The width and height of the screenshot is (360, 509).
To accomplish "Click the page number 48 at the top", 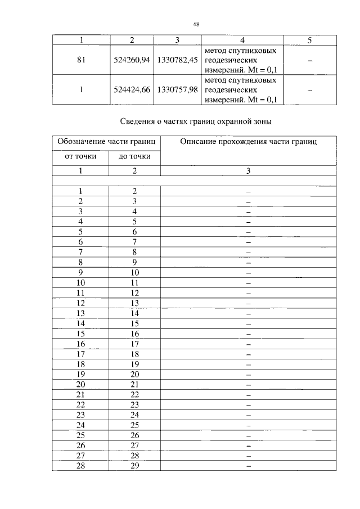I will [x=196, y=24].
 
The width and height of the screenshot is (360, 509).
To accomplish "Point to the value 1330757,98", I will [x=177, y=90].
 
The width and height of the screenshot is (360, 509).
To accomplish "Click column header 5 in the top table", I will [x=309, y=40].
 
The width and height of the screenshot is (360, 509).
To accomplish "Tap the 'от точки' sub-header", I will [x=81, y=156].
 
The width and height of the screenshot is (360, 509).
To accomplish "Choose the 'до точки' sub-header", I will [x=134, y=156].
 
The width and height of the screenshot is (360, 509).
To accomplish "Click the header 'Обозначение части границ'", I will [x=107, y=142].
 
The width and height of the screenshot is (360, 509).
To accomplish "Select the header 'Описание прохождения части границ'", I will [x=248, y=142].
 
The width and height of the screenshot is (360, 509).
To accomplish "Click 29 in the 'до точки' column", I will [x=134, y=466].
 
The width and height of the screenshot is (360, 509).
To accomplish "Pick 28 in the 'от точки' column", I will [x=81, y=466].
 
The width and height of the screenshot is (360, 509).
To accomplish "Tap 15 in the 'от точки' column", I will [x=81, y=334].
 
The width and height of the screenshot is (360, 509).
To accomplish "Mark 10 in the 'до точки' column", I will [x=134, y=273].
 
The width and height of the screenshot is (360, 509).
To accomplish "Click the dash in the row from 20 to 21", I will [x=248, y=385].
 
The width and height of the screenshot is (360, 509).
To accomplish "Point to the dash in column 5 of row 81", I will [x=309, y=60].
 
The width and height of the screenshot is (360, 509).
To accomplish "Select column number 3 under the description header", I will [x=248, y=171].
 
